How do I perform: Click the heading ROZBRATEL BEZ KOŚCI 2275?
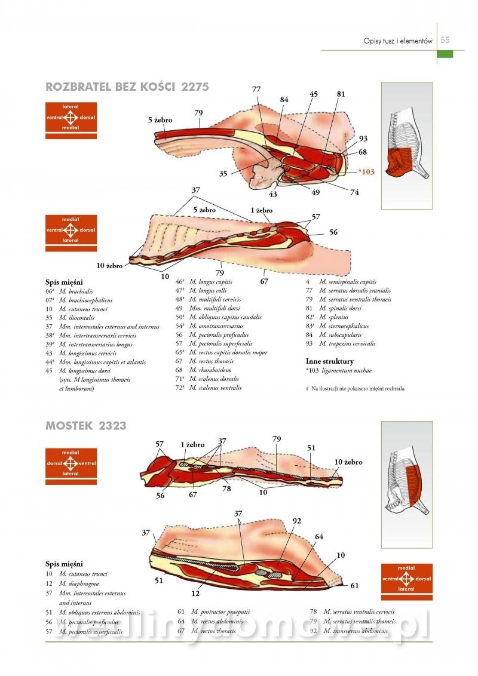click(127, 87)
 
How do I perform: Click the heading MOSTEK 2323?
click(85, 426)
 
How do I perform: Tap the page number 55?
click(445, 41)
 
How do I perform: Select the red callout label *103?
click(366, 172)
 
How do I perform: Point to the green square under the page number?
click(445, 54)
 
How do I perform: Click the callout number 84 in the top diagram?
click(284, 99)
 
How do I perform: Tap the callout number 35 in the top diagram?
click(223, 174)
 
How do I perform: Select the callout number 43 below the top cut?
click(273, 194)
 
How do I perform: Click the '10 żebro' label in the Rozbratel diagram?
click(111, 265)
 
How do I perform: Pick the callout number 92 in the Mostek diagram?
click(297, 521)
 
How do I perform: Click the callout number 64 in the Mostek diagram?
click(319, 536)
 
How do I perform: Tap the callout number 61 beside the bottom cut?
click(354, 586)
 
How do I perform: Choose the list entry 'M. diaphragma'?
click(79, 583)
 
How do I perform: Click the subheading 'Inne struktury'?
click(329, 361)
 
